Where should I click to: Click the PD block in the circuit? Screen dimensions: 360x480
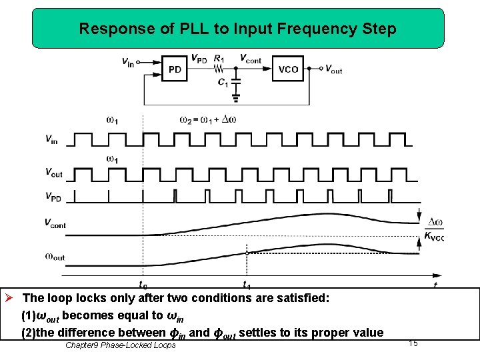pos(175,69)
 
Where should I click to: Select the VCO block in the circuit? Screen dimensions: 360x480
pos(288,69)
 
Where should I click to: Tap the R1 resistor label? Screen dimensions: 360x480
pos(219,58)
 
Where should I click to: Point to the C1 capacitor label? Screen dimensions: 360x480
pos(222,82)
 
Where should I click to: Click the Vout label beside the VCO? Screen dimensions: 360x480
pos(333,69)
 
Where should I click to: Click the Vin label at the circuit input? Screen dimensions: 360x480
pos(127,63)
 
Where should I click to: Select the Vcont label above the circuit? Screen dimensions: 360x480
pos(250,58)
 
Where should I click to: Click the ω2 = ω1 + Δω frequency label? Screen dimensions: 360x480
pos(208,120)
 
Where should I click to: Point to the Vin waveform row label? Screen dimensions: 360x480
pos(51,139)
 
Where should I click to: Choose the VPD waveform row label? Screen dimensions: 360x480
pos(54,197)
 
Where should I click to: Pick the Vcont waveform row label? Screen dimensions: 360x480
pos(55,224)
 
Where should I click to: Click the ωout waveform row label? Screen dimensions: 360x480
pos(55,256)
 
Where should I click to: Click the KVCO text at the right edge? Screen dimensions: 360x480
pos(434,236)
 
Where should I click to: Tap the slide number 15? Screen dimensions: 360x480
pos(413,343)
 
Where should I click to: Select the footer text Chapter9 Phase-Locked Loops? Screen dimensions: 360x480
pos(121,345)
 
